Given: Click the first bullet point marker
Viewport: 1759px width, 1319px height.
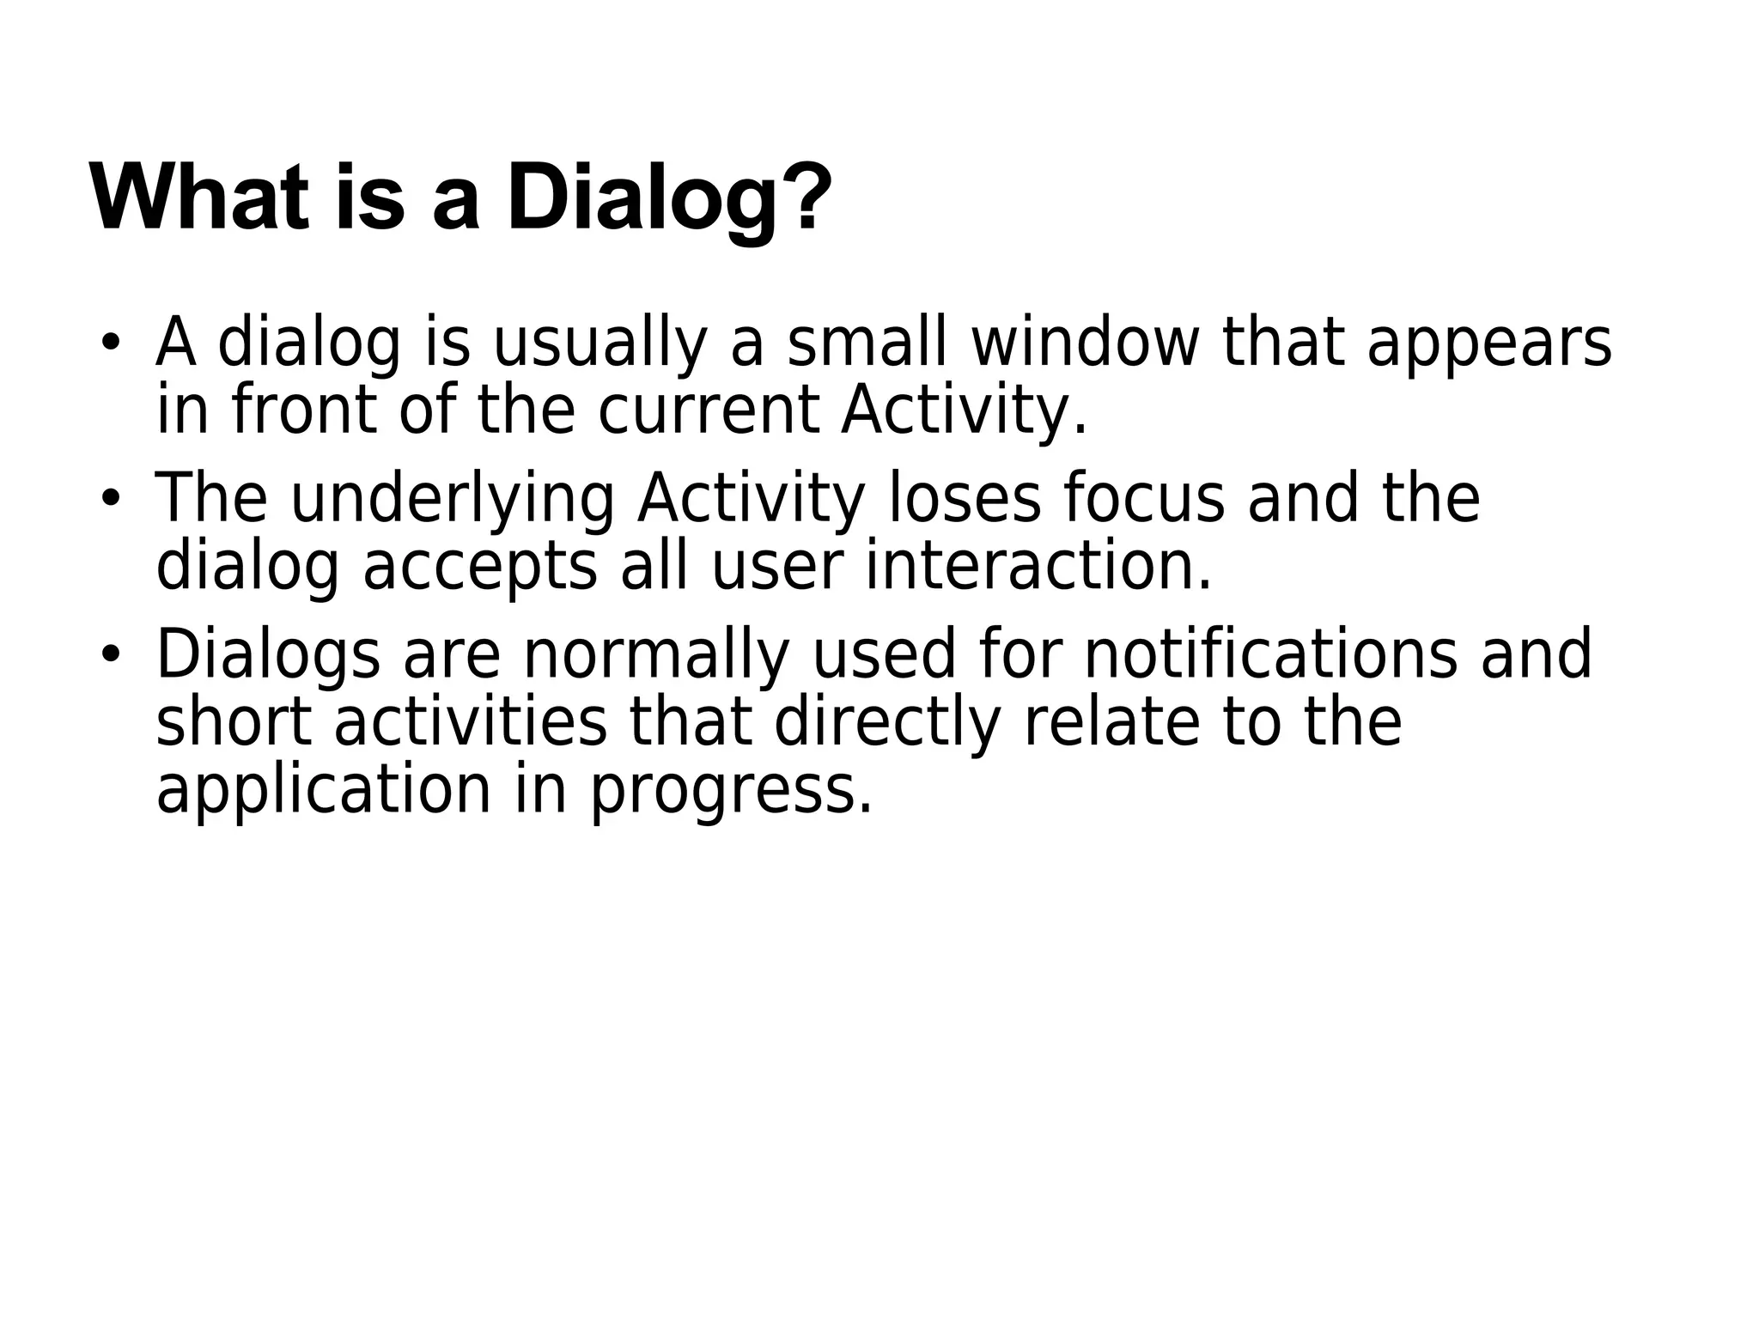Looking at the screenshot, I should (x=109, y=342).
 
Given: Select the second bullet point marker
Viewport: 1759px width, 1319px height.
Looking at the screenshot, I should (x=109, y=497).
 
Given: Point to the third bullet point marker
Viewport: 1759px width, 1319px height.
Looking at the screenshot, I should (x=109, y=653).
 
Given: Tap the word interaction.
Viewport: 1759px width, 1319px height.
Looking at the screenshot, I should (x=1038, y=566).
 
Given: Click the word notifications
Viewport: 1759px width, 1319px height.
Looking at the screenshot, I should (x=1270, y=654).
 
